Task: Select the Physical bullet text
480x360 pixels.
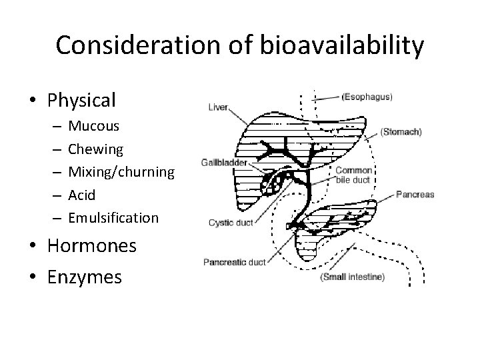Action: click(81, 100)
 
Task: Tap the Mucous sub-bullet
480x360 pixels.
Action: click(94, 126)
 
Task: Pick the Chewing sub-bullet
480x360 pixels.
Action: click(96, 149)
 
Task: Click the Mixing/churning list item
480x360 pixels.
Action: click(121, 172)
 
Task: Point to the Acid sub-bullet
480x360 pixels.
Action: click(82, 195)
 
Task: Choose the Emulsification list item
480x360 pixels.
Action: click(113, 217)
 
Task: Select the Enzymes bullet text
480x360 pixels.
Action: click(84, 275)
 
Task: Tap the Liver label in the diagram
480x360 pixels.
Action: click(217, 106)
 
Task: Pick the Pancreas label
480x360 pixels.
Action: click(415, 195)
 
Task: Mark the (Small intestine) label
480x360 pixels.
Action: click(353, 277)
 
